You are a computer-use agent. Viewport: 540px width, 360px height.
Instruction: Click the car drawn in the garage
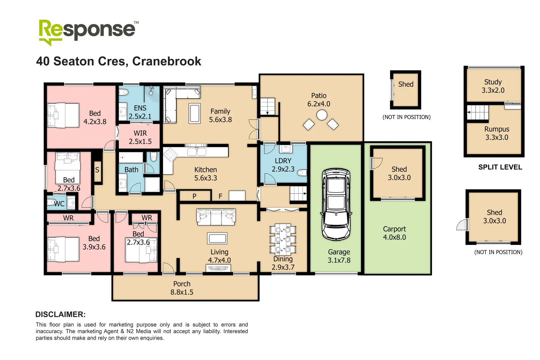click(x=336, y=204)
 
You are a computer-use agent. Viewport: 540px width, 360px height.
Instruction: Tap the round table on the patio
click(x=322, y=115)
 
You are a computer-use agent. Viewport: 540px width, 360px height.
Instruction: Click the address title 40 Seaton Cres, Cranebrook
click(x=119, y=61)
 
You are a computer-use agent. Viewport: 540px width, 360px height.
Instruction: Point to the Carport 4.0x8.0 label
click(x=394, y=233)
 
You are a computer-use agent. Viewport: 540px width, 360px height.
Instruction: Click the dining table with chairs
click(x=283, y=239)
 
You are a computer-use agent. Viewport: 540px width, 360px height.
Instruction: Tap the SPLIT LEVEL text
click(x=500, y=167)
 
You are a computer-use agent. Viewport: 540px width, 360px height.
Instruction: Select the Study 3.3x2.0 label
click(x=493, y=86)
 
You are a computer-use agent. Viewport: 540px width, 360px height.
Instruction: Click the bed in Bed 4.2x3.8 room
click(x=63, y=115)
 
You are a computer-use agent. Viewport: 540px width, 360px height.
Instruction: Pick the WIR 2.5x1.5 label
click(x=140, y=137)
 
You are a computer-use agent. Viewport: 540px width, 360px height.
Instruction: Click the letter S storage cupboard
click(x=97, y=170)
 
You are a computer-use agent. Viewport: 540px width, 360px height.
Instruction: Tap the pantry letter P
click(x=194, y=196)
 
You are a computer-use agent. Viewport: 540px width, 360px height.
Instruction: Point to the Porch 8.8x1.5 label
click(x=182, y=288)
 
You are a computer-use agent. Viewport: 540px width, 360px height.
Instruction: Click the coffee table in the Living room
click(x=217, y=238)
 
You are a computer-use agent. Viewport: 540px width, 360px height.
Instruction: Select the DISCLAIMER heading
click(x=60, y=314)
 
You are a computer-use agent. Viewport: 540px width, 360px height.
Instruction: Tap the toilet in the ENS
click(x=124, y=92)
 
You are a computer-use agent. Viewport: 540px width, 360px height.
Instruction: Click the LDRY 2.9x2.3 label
click(x=283, y=165)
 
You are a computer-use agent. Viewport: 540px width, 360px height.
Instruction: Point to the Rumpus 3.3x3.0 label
click(x=497, y=133)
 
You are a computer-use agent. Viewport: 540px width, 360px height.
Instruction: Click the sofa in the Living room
click(x=216, y=217)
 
